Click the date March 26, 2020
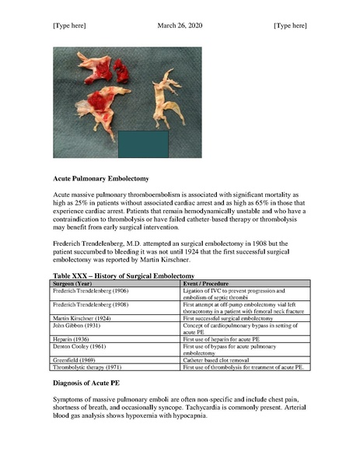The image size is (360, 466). point(180,26)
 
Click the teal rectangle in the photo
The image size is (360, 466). point(143,145)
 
